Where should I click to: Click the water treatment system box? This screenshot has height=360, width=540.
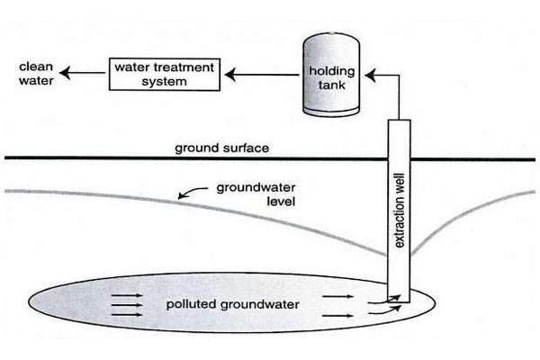(x=165, y=73)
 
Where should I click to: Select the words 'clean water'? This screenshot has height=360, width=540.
(x=34, y=72)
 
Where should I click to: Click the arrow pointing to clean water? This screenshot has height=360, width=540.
(x=85, y=73)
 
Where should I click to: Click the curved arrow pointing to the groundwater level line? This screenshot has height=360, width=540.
(x=191, y=193)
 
